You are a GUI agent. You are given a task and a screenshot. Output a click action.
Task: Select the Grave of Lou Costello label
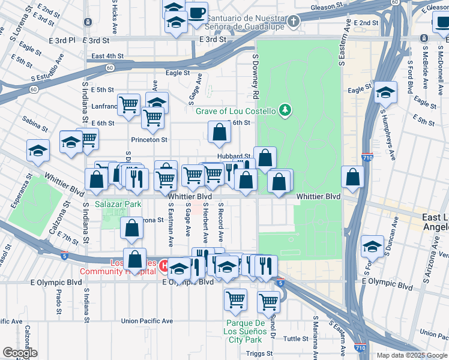coord(235,111)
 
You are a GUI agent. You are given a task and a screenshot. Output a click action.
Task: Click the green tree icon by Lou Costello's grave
coord(287,110)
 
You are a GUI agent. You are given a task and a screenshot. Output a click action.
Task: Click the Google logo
coord(19,352)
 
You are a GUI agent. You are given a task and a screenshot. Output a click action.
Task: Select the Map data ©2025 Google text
coord(411,355)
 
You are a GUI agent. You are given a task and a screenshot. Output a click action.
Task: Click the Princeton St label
coord(148,139)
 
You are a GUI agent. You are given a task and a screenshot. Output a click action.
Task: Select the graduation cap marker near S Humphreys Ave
coord(385,93)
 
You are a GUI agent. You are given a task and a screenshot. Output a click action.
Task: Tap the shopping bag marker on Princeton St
coord(220,133)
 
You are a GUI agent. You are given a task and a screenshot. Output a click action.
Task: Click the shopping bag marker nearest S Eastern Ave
coord(352,177)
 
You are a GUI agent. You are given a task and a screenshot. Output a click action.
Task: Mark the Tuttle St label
coord(296,338)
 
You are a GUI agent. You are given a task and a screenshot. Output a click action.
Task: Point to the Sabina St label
coord(35,126)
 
